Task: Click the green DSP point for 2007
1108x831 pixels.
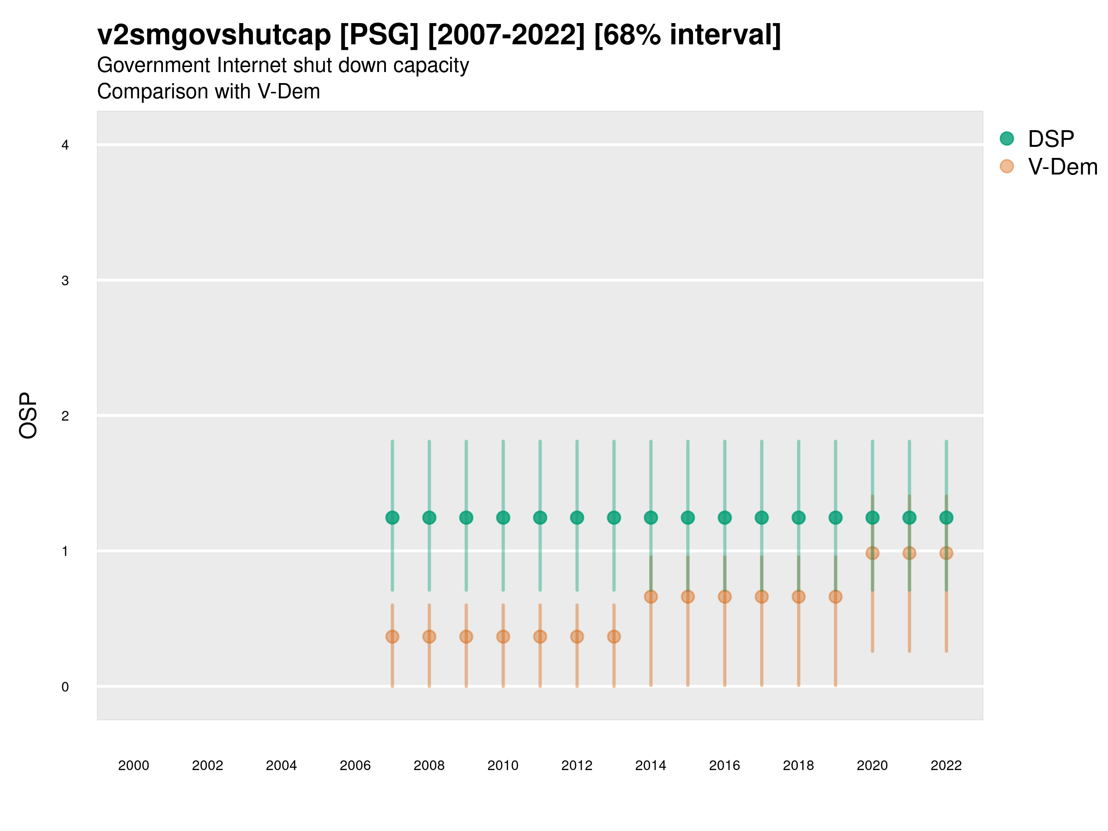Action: point(392,518)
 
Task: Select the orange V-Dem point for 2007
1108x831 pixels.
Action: point(392,637)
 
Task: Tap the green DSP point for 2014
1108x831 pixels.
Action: point(650,518)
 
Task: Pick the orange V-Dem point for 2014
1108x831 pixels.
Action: point(650,596)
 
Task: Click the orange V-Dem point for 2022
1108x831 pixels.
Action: point(946,553)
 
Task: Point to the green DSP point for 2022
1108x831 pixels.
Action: point(946,518)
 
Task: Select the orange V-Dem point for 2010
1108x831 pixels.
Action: point(503,637)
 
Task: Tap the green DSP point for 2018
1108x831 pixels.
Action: point(798,518)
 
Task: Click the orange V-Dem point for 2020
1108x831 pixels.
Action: point(872,553)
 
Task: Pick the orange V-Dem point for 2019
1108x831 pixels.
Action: point(836,596)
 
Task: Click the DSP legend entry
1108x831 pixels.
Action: point(1050,139)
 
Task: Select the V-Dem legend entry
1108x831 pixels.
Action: point(1062,167)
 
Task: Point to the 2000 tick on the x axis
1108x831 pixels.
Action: point(133,765)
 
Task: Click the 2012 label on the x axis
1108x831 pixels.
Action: point(577,765)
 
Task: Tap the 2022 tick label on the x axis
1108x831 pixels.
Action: point(945,765)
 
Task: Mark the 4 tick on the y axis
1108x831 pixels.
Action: point(65,145)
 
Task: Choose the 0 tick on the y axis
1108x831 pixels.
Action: point(65,687)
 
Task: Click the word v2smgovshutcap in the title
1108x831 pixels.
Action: point(214,35)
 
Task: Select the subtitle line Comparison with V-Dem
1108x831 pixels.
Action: point(208,92)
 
